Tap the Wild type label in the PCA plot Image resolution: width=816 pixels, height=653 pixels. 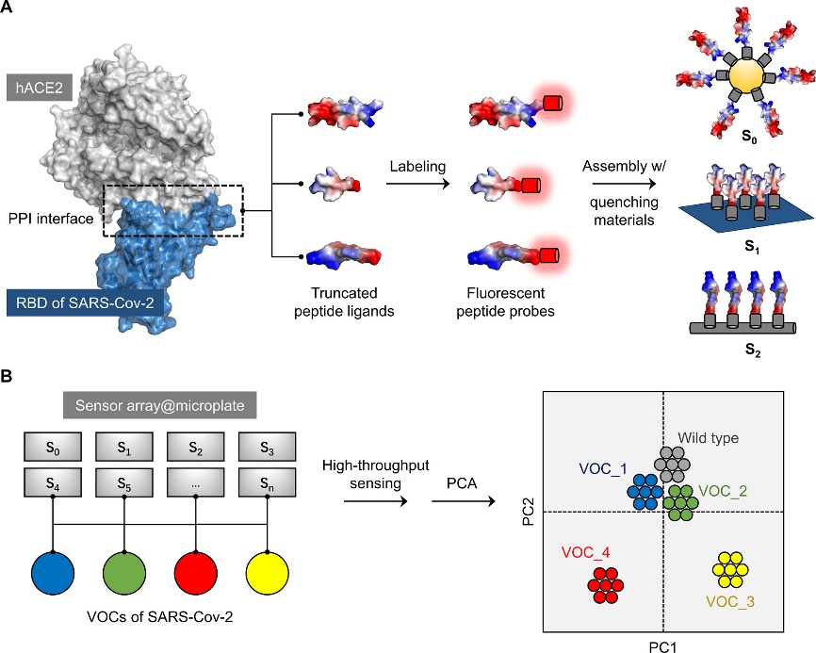(x=707, y=439)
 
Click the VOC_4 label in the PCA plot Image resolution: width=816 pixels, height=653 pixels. (x=587, y=551)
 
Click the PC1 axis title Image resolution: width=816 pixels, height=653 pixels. (x=663, y=644)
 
